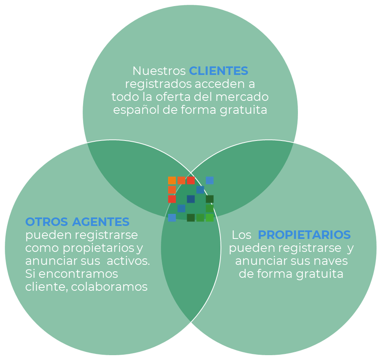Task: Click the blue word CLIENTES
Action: pos(218,71)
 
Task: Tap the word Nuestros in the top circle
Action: pos(159,71)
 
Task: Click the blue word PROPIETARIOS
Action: pos(304,235)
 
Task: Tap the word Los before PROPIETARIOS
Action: pos(242,235)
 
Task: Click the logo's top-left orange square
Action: pos(172,180)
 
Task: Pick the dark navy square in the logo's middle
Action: pos(190,199)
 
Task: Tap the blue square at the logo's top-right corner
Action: pos(210,180)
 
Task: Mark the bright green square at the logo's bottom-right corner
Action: pos(210,217)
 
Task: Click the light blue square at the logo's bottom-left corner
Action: pos(172,217)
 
